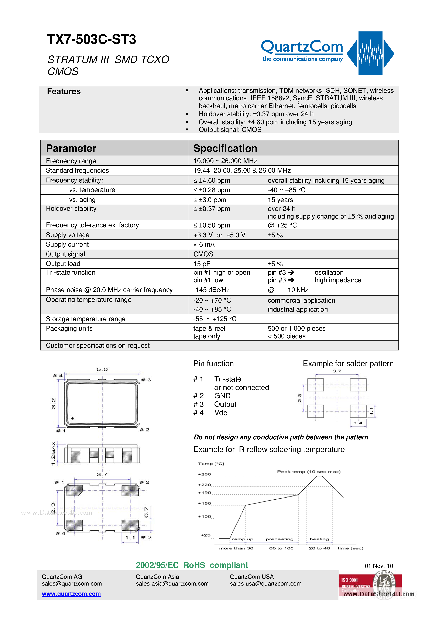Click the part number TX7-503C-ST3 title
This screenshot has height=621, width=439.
coord(91,40)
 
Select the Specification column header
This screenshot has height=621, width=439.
coord(225,148)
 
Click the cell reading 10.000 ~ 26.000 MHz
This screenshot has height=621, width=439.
coord(225,161)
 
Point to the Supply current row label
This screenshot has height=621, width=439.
coord(67,244)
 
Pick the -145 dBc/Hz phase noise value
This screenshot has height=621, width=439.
coord(212,290)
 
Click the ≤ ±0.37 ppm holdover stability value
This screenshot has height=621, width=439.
coord(212,209)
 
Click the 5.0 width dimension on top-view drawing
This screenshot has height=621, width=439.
coord(102,370)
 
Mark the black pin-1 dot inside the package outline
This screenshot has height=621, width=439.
coord(72,419)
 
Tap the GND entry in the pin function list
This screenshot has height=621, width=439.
coord(222,396)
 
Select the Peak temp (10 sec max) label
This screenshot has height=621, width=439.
coord(309,472)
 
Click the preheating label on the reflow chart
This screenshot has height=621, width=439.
coord(279,539)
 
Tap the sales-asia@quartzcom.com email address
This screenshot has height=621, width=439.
coord(172,584)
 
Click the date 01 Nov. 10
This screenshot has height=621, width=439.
coord(379,566)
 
